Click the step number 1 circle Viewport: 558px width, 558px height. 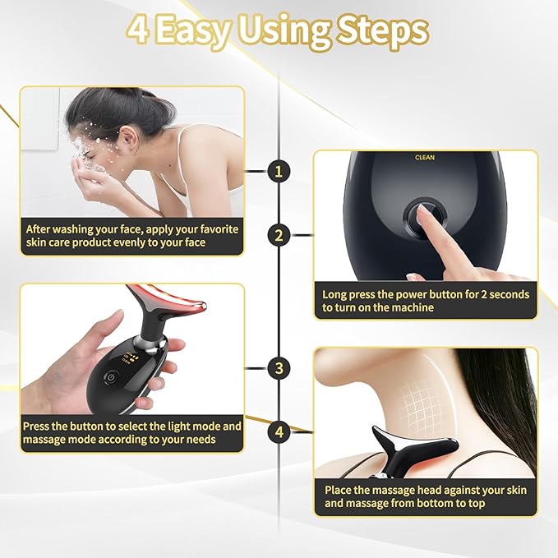279,171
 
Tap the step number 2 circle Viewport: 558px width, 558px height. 279,236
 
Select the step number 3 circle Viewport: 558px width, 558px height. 279,367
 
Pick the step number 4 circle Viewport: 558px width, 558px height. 279,430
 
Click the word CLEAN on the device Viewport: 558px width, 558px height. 425,158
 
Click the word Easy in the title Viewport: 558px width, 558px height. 196,31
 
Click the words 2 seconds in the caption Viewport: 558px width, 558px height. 503,294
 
